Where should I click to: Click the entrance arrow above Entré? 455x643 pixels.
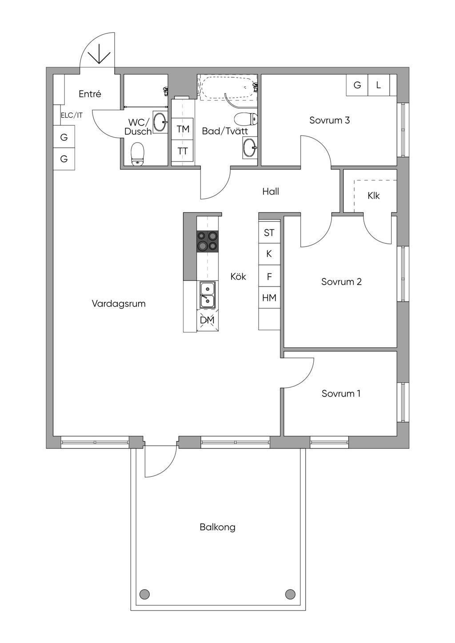pos(99,54)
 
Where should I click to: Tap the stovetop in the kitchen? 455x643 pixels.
pos(208,242)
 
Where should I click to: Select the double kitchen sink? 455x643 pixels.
pos(208,295)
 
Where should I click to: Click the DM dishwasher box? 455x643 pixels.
pos(207,320)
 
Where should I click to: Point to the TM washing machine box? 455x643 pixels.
pos(183,129)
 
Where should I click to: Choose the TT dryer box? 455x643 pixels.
pos(183,151)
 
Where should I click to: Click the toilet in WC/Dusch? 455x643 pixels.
pos(137,154)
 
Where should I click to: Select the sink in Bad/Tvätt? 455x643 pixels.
pos(250,147)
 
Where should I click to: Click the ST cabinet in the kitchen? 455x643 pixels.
pos(269,232)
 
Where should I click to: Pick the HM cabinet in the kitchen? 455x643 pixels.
pos(269,298)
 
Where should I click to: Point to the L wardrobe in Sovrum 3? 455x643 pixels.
pos(379,85)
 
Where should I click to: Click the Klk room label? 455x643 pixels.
pos(373,196)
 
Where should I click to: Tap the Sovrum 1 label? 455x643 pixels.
pos(341,393)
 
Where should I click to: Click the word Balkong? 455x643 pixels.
pos(217,527)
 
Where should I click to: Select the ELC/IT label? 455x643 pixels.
pos(72,115)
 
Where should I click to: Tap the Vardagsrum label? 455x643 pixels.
pos(119,304)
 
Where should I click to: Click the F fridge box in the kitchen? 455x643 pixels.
pos(269,276)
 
